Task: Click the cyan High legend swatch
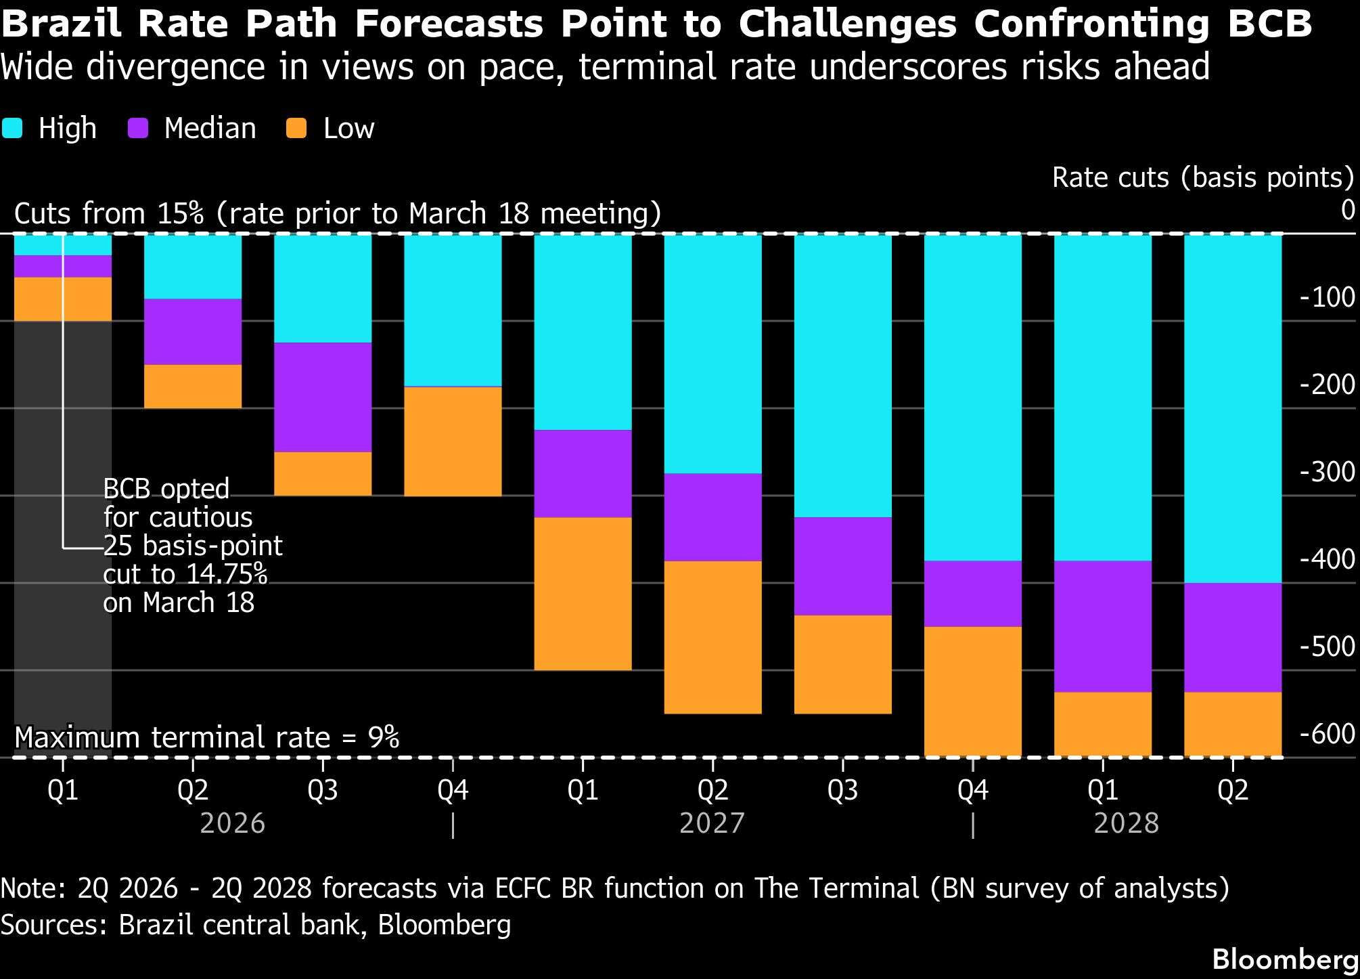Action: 12,129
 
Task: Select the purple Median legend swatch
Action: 138,129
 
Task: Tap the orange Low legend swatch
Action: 296,129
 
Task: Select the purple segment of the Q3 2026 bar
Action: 323,397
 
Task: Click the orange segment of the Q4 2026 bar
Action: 453,441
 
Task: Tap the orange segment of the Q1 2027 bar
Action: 583,594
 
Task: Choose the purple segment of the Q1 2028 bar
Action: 1103,626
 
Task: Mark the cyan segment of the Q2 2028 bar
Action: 1233,408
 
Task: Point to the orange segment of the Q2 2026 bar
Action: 193,387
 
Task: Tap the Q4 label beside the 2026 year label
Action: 453,790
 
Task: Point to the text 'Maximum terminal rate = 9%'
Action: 206,737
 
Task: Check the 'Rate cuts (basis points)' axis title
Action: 1202,177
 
